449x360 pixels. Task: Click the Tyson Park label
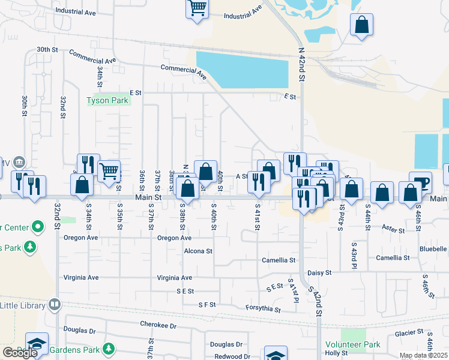[x=108, y=101]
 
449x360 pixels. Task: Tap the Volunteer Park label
[x=361, y=345]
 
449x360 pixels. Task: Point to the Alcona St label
[x=198, y=251]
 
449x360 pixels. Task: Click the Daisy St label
[x=319, y=272]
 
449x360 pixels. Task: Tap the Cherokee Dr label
[x=158, y=326]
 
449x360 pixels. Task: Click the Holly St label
[x=336, y=353]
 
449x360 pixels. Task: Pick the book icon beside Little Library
[x=55, y=305]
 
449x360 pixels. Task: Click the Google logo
[x=20, y=353]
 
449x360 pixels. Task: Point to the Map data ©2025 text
[x=424, y=356]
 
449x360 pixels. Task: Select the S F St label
[x=207, y=305]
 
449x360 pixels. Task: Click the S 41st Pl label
[x=293, y=290]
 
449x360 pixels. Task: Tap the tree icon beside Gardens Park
[x=109, y=349]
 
